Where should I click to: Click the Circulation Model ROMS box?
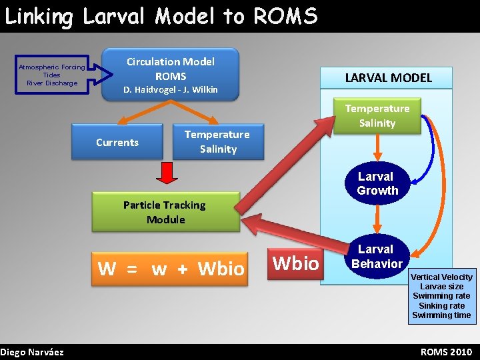(x=171, y=73)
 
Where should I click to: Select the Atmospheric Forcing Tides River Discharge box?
(x=51, y=75)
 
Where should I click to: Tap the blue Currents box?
(x=117, y=142)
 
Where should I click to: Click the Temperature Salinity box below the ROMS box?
(x=217, y=141)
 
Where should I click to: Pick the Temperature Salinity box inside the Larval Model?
(x=377, y=115)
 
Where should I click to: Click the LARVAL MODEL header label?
(x=388, y=78)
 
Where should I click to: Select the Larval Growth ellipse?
(x=377, y=183)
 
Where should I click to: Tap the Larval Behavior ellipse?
(x=377, y=256)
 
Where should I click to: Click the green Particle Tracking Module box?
(x=165, y=212)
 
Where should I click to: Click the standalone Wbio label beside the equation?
(x=296, y=263)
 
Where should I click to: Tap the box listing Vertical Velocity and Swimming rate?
(x=441, y=296)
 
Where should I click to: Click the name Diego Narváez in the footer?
(x=32, y=351)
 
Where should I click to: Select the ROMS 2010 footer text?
(x=446, y=351)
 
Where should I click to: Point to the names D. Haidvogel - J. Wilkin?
(x=171, y=89)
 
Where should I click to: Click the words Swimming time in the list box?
(x=441, y=315)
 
